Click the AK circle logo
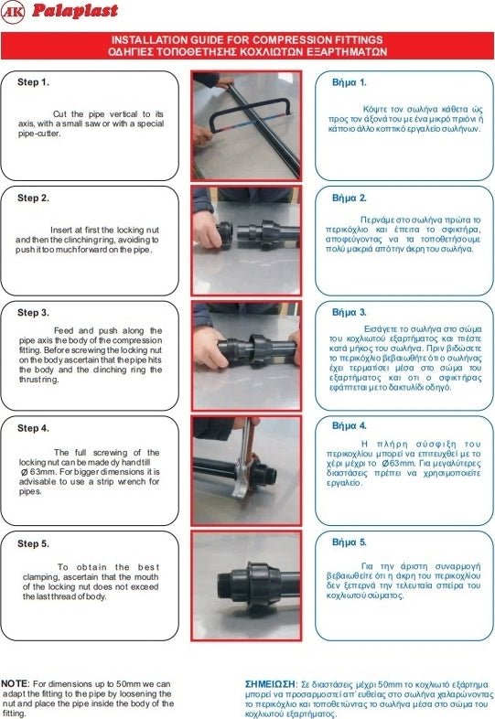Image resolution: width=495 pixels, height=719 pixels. pos(13,13)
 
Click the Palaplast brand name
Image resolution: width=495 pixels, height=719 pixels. pos(75,11)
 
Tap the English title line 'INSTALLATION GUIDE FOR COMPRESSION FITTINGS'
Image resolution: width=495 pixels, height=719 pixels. pos(247,40)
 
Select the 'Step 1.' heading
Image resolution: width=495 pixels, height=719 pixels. pos(33,82)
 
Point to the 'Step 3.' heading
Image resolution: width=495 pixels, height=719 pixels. pos(33,313)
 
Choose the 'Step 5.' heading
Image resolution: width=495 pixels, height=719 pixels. pos(33,544)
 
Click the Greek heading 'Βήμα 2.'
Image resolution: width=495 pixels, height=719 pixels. pos(350,199)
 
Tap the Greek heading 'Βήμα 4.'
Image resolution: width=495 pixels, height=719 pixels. pos(350,426)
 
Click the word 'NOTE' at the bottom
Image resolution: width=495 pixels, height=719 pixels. pos(15,683)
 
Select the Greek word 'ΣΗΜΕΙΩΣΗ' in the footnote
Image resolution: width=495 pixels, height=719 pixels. pos(270,684)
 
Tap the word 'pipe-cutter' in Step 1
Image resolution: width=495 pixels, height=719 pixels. pos(39,134)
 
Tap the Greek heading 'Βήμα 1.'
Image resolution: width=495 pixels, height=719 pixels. pos(350,82)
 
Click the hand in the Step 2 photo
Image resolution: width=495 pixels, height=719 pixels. pos(208,230)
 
